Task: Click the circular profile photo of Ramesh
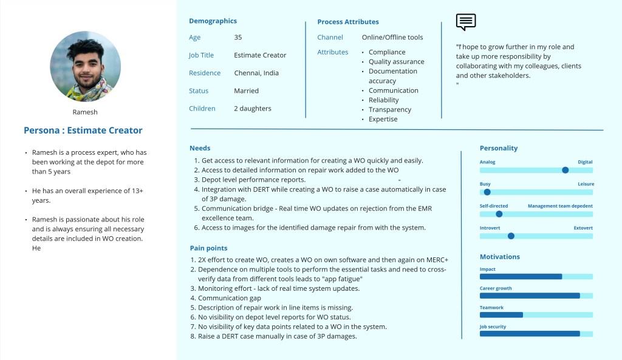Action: [85, 66]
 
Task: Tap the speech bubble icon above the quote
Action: [466, 22]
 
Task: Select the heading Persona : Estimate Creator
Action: [83, 130]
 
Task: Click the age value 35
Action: [238, 38]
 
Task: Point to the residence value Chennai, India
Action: [256, 73]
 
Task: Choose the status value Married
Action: [246, 91]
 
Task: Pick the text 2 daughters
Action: [253, 109]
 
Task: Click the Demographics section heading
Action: [213, 21]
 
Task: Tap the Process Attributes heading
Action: [348, 22]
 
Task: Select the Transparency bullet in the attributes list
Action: [390, 110]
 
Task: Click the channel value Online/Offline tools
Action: [392, 38]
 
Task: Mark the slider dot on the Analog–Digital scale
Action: [566, 171]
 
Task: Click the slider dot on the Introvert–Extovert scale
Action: [511, 236]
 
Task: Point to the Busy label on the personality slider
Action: [485, 184]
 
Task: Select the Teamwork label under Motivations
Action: [491, 308]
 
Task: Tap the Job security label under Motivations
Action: [493, 327]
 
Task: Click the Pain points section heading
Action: [208, 248]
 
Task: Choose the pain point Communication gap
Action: [230, 298]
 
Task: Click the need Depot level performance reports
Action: [253, 180]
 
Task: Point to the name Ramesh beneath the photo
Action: [85, 112]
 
